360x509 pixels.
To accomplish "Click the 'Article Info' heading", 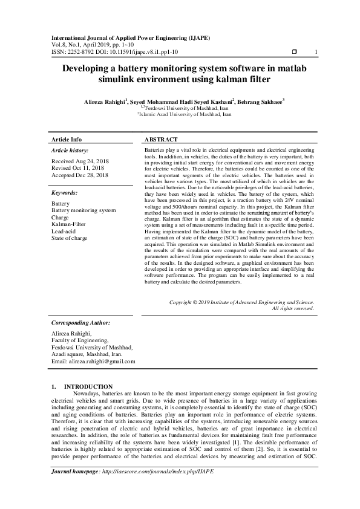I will click(67, 139).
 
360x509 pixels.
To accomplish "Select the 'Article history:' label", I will click(70, 150).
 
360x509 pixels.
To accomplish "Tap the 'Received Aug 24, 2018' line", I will click(80, 161).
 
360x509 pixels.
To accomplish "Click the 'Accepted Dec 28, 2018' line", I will click(80, 175).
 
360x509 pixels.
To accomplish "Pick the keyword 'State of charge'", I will click(70, 238).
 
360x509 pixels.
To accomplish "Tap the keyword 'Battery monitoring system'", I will click(83, 210).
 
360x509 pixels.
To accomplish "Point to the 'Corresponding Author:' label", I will click(78, 323).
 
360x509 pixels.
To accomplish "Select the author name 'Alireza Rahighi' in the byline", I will click(105, 101).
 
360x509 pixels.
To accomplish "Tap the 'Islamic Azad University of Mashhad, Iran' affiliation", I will click(185, 114).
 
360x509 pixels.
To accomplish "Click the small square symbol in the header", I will click(294, 52).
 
